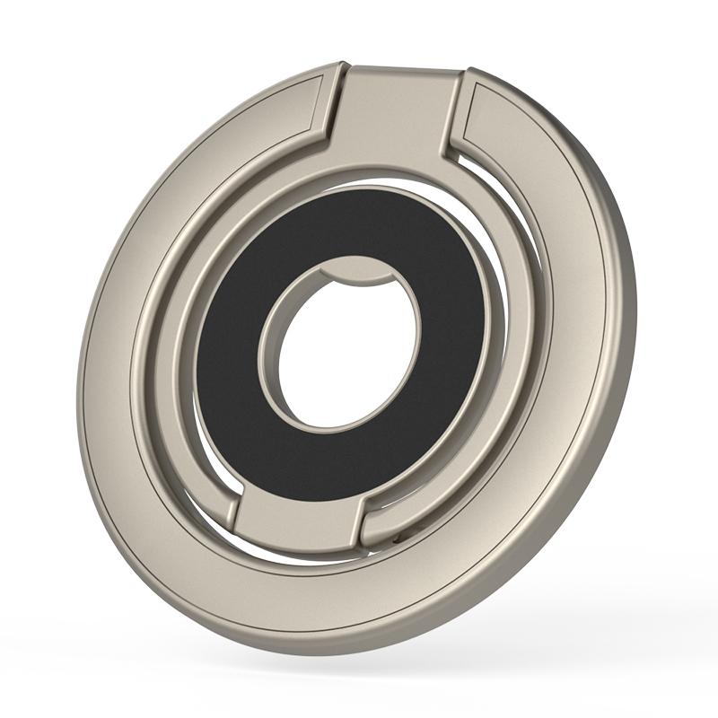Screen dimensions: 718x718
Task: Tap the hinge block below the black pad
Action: pyautogui.click(x=301, y=521)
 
